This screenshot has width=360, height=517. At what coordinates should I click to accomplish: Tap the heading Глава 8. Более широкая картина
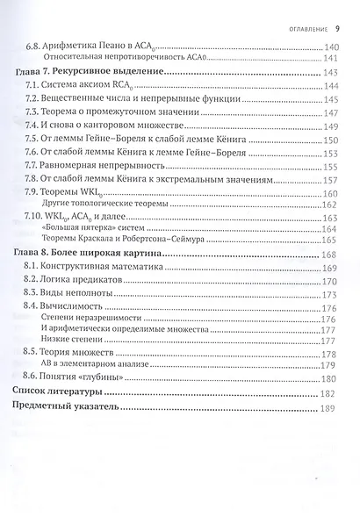[x=89, y=252]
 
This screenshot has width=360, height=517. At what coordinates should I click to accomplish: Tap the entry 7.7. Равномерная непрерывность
[x=102, y=165]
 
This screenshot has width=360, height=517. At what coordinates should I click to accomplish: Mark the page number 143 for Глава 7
[x=332, y=73]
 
